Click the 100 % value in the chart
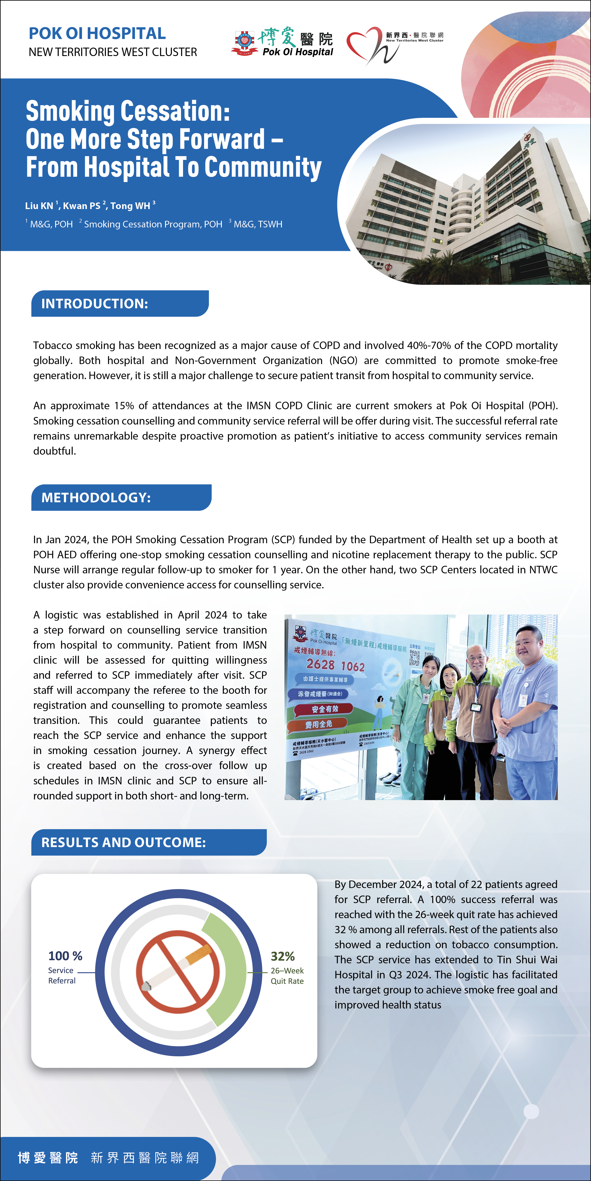[65, 956]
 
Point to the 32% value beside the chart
[283, 956]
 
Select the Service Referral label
[61, 976]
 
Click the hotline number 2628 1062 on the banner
[335, 665]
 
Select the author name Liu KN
[39, 206]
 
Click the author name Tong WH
[130, 206]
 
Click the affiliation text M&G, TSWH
[258, 224]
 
